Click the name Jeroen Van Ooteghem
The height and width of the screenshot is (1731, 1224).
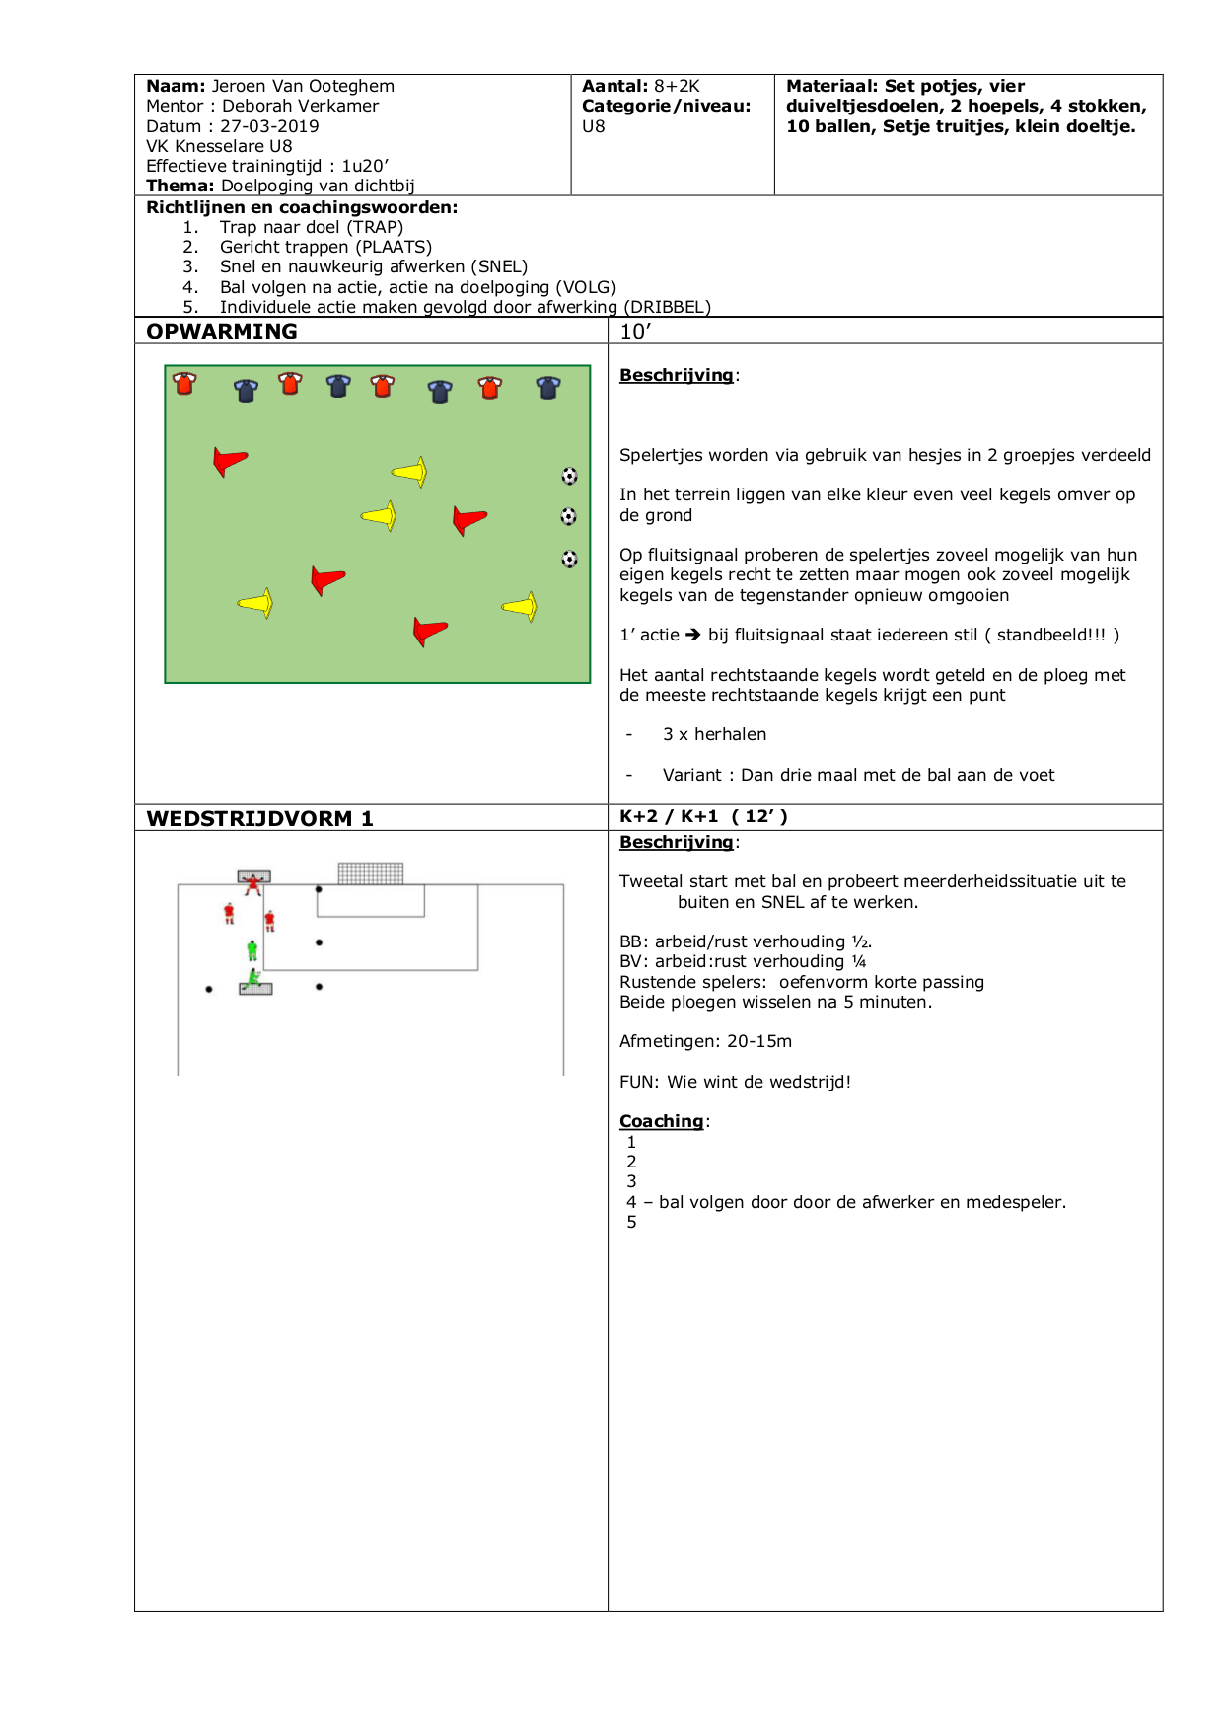pyautogui.click(x=303, y=87)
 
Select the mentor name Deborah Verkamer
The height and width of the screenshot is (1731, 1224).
pyautogui.click(x=300, y=107)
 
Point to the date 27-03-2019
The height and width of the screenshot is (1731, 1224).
pyautogui.click(x=269, y=126)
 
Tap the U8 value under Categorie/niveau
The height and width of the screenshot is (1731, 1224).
pyautogui.click(x=594, y=126)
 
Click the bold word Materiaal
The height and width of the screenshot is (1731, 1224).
pyautogui.click(x=829, y=87)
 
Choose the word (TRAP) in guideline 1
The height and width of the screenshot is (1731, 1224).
pyautogui.click(x=375, y=227)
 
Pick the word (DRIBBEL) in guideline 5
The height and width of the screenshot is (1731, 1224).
pyautogui.click(x=667, y=307)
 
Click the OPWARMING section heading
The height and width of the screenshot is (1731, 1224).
pyautogui.click(x=222, y=332)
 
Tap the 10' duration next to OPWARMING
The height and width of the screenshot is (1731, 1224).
pyautogui.click(x=635, y=332)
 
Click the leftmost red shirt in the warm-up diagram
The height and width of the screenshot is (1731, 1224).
pyautogui.click(x=184, y=383)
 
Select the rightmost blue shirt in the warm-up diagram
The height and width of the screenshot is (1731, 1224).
pyautogui.click(x=548, y=388)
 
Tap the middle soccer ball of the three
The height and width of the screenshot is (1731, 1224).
pyautogui.click(x=568, y=516)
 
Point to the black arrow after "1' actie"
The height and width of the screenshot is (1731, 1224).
pyautogui.click(x=693, y=635)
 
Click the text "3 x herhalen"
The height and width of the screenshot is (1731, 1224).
pyautogui.click(x=714, y=734)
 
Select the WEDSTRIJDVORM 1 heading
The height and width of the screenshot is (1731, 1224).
pyautogui.click(x=259, y=818)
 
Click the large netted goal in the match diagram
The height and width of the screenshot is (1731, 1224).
pyautogui.click(x=371, y=873)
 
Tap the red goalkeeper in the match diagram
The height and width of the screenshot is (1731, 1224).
pyautogui.click(x=253, y=883)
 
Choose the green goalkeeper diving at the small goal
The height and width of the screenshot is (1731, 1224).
pyautogui.click(x=253, y=978)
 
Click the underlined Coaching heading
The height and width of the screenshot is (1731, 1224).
pyautogui.click(x=661, y=1121)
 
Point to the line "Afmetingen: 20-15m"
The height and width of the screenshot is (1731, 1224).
pyautogui.click(x=705, y=1041)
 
